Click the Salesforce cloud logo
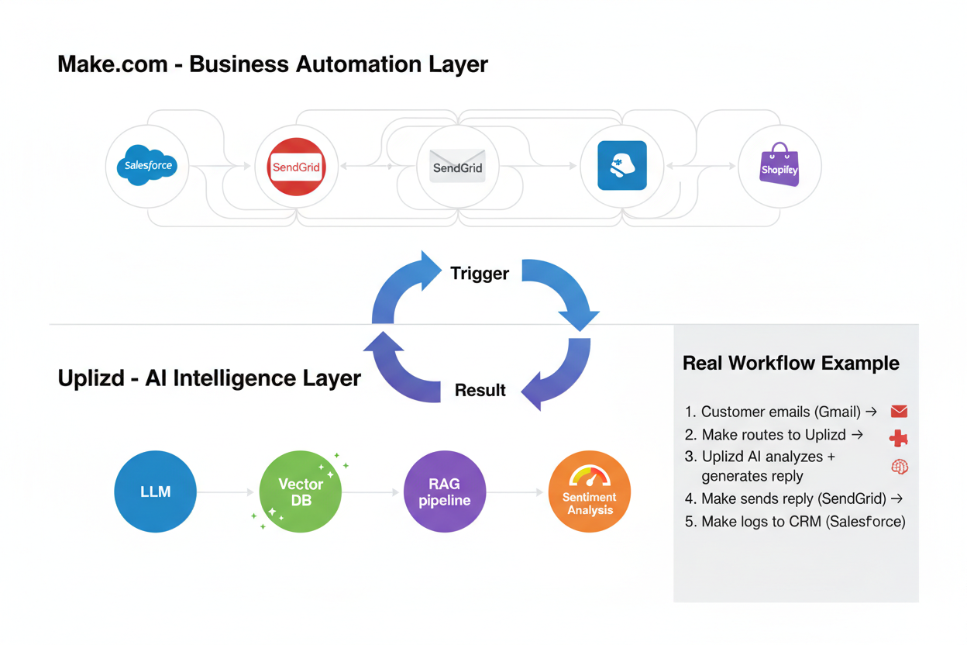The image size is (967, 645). tap(147, 166)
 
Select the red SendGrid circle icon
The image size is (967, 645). tap(296, 167)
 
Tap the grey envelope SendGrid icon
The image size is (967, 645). tap(457, 167)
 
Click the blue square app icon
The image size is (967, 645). tap(621, 166)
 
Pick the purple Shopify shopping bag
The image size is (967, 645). tap(779, 165)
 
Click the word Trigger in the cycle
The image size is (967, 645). tap(480, 273)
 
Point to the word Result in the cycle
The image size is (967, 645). tap(480, 390)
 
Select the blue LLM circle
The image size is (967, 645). tap(155, 492)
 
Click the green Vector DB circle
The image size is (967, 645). tap(300, 492)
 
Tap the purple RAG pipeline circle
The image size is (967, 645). tap(445, 492)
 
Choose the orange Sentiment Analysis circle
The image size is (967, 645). tap(590, 492)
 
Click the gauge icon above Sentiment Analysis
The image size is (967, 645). tap(590, 475)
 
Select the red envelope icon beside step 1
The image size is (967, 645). tap(899, 412)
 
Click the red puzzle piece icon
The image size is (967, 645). tap(899, 438)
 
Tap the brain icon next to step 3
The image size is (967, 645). tap(900, 467)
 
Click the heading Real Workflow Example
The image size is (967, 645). tap(790, 363)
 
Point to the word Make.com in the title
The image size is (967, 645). tap(112, 64)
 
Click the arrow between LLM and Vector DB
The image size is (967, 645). tap(226, 492)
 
